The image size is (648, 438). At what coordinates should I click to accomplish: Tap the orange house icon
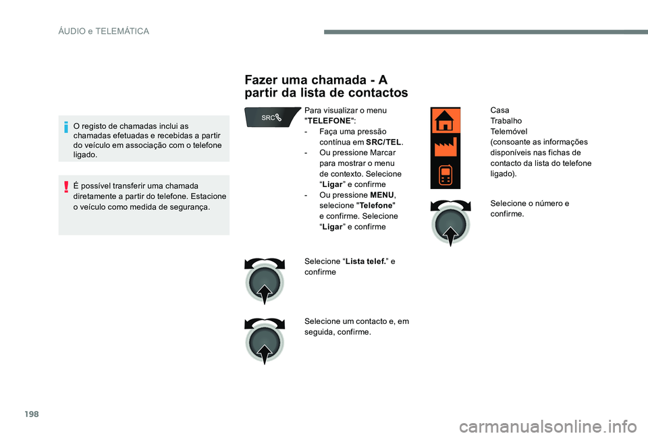click(x=445, y=121)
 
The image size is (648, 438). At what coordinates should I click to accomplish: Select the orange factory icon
click(x=445, y=147)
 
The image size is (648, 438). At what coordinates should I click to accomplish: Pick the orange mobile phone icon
click(x=445, y=175)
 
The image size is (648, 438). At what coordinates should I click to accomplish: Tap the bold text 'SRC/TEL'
click(x=383, y=142)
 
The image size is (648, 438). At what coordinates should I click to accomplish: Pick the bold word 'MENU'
click(x=383, y=195)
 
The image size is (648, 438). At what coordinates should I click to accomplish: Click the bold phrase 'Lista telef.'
click(x=364, y=261)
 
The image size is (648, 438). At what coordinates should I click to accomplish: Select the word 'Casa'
click(x=500, y=110)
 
